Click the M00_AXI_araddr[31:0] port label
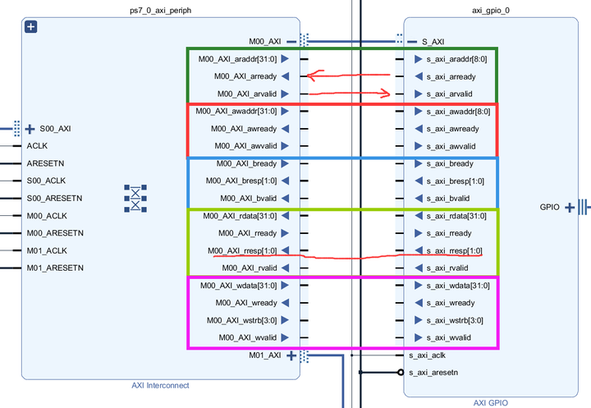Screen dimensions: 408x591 238,59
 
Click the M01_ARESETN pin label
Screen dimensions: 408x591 57,268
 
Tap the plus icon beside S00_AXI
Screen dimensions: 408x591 30,128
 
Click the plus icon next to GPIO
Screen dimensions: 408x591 569,207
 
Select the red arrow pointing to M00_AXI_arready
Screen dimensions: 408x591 337,76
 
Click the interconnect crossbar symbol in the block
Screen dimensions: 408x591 135,198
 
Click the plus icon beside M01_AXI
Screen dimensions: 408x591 291,355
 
